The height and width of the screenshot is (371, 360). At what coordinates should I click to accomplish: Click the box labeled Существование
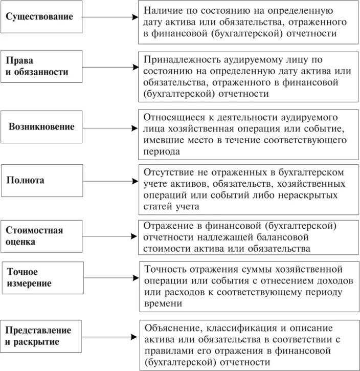click(x=41, y=17)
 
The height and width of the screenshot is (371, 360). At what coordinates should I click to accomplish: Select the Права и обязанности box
click(x=41, y=67)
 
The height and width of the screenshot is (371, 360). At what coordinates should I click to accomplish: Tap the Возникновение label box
click(x=41, y=126)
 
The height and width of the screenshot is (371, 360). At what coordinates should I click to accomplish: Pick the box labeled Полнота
click(x=41, y=181)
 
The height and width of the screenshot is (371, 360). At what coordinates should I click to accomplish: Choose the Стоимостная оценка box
click(x=41, y=236)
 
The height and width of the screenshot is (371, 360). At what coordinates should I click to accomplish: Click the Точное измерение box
click(x=41, y=278)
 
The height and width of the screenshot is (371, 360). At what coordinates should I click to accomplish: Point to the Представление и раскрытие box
click(x=41, y=336)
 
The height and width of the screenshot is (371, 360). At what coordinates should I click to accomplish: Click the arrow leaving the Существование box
click(x=110, y=17)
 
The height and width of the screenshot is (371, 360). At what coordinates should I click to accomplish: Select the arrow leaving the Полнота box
click(x=110, y=181)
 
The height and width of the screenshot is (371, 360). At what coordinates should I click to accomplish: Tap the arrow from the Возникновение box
click(x=110, y=126)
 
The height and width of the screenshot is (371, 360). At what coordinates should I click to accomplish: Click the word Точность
click(x=167, y=269)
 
